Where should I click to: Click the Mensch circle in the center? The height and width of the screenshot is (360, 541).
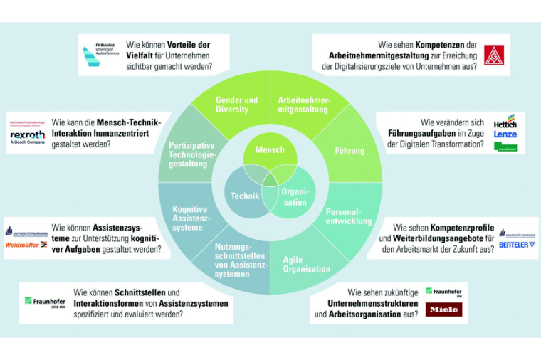270,150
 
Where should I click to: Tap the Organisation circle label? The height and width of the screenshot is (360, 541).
295,197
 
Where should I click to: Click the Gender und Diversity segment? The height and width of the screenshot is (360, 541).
236,105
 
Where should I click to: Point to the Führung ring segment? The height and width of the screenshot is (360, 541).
349,151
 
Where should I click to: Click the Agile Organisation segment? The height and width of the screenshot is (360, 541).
306,264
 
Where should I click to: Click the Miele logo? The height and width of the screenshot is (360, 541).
443,309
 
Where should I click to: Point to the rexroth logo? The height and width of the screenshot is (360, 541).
27,134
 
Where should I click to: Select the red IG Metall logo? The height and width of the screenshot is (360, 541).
494,55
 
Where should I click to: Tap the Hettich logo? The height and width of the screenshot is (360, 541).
505,121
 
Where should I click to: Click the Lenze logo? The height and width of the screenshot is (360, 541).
505,134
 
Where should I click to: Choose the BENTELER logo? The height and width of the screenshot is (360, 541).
517,244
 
